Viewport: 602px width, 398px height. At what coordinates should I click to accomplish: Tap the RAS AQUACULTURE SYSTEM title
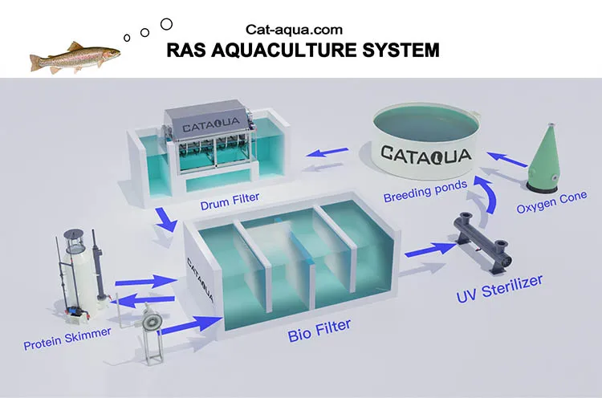click(303, 51)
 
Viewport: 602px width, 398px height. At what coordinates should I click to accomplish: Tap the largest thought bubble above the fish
click(166, 24)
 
